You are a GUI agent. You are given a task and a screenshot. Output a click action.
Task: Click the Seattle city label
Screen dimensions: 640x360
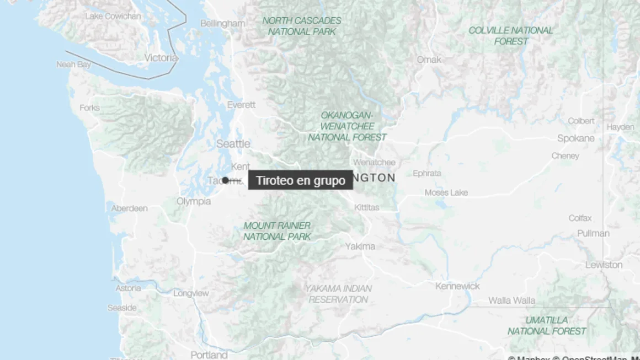tap(233, 144)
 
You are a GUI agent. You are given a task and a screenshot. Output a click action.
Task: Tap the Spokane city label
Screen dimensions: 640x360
tap(575, 138)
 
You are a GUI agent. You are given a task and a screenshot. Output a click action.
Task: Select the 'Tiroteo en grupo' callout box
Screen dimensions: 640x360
tap(300, 180)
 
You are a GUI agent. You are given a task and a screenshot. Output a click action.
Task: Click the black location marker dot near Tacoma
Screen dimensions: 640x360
tap(226, 180)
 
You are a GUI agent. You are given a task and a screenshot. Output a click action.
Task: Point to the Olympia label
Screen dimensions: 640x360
tap(194, 201)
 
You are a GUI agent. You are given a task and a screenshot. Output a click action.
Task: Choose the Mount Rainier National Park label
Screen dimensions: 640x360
tap(277, 231)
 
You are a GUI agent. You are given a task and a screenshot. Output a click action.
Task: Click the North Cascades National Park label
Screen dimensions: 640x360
tap(302, 26)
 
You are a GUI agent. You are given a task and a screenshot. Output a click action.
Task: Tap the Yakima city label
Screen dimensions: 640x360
tap(360, 246)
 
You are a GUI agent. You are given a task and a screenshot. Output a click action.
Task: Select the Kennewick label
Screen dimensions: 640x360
tap(457, 286)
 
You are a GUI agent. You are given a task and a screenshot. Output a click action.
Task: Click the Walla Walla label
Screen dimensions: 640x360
tap(511, 300)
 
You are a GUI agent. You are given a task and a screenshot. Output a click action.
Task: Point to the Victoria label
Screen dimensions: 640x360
tap(161, 58)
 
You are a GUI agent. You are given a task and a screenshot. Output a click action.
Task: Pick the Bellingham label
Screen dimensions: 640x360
tap(222, 24)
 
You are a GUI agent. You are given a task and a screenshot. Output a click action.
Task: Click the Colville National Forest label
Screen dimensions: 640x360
tap(510, 36)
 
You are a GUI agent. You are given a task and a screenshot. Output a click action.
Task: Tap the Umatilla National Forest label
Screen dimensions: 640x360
tap(547, 325)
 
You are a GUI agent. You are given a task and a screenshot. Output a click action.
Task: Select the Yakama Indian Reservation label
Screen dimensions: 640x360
tap(338, 294)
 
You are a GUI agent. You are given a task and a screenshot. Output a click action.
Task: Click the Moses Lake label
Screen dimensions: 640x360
tap(446, 192)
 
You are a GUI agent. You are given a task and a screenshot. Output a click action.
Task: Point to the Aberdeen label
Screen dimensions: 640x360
tap(129, 208)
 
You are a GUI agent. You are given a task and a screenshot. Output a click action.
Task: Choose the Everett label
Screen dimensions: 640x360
tap(241, 105)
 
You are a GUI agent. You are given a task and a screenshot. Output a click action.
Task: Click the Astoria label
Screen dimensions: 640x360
tap(128, 288)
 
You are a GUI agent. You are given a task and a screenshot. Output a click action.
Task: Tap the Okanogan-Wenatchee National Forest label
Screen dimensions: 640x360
tap(347, 126)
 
